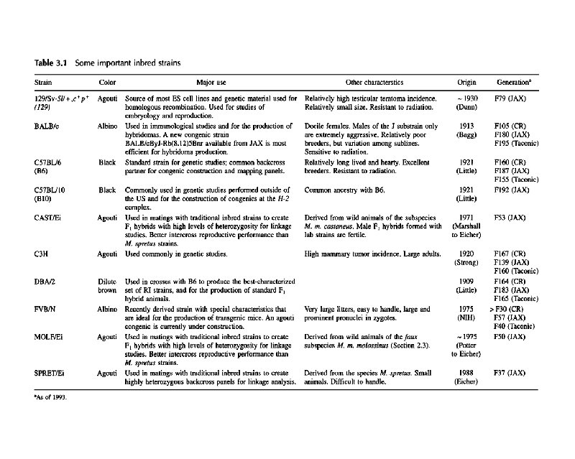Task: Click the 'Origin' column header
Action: pos(466,83)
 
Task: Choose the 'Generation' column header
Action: pos(511,83)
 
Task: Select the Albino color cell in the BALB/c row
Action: pos(108,125)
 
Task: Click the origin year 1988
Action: pos(466,374)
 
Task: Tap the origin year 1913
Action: pos(466,125)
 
